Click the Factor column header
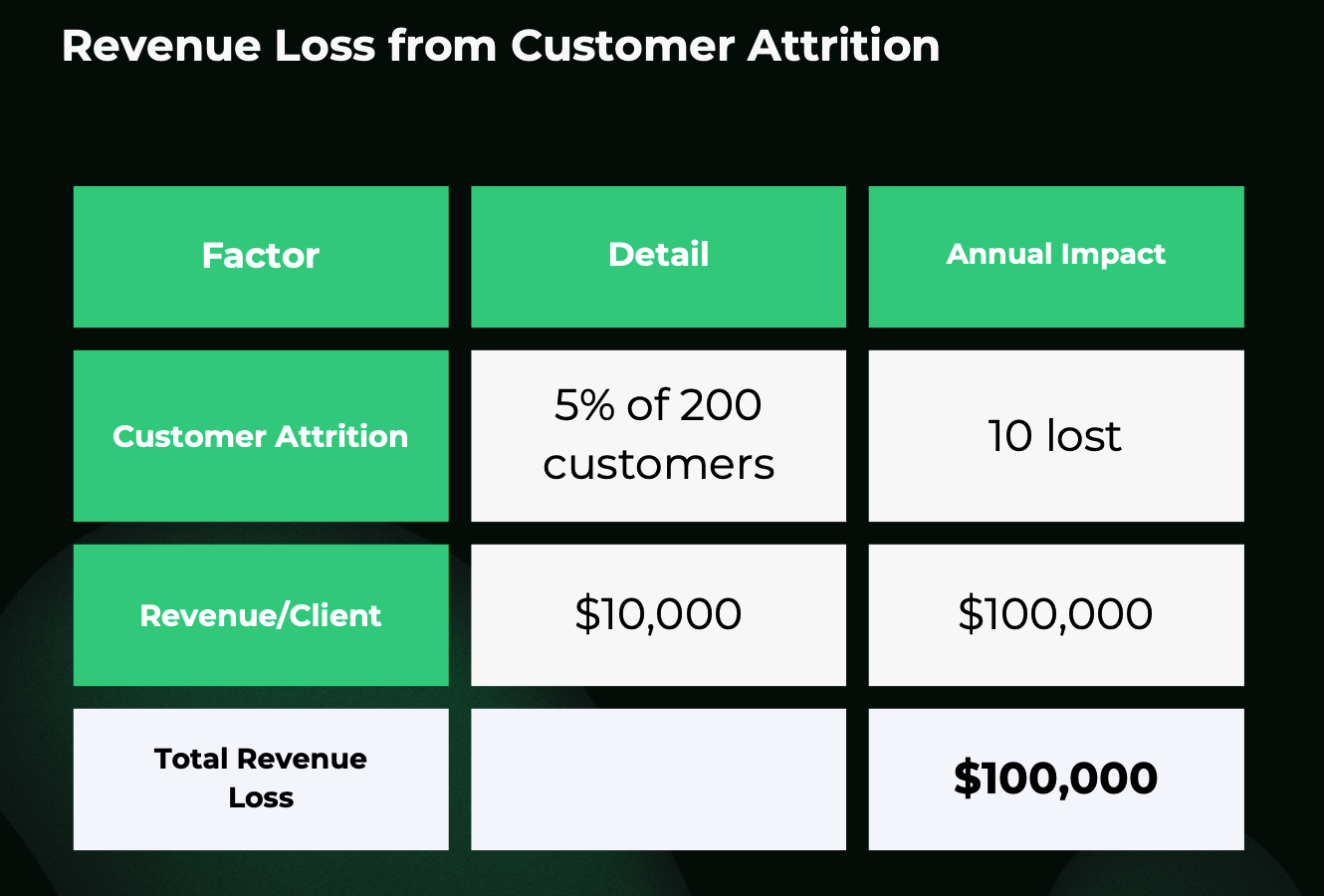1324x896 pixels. pyautogui.click(x=261, y=257)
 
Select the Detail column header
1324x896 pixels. pyautogui.click(x=658, y=257)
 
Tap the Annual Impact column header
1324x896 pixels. pyautogui.click(x=1056, y=257)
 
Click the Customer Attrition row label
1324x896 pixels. pyautogui.click(x=261, y=436)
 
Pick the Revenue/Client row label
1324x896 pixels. pyautogui.click(x=261, y=615)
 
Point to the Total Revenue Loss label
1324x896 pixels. pyautogui.click(x=261, y=779)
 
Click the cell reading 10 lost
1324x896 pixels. pyautogui.click(x=1056, y=436)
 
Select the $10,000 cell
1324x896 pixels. pyautogui.click(x=658, y=615)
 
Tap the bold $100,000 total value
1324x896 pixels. pyautogui.click(x=1055, y=779)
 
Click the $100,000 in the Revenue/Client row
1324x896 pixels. pyautogui.click(x=1056, y=615)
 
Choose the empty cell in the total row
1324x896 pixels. pyautogui.click(x=658, y=779)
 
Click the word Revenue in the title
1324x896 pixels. pyautogui.click(x=161, y=46)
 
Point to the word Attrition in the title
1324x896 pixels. pyautogui.click(x=843, y=46)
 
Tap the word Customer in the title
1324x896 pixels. pyautogui.click(x=623, y=46)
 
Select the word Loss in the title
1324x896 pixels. pyautogui.click(x=326, y=46)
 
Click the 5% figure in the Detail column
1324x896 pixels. pyautogui.click(x=584, y=405)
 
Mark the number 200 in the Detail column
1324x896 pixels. pyautogui.click(x=721, y=405)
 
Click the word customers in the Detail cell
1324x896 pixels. pyautogui.click(x=658, y=465)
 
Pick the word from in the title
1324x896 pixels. pyautogui.click(x=443, y=46)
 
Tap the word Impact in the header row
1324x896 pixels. pyautogui.click(x=1113, y=255)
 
